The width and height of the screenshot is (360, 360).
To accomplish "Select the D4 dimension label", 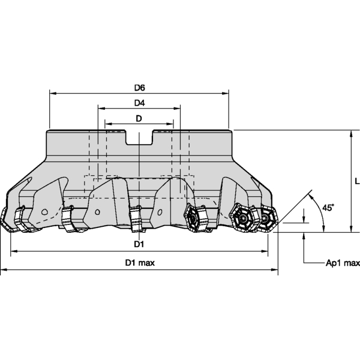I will pos(139,103).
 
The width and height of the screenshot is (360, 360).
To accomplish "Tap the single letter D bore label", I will pos(139,119).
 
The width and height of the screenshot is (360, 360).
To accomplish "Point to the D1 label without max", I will pos(139,244).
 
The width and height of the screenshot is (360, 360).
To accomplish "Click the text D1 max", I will pos(139,263).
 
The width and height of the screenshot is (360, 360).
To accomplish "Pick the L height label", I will pos(356,181).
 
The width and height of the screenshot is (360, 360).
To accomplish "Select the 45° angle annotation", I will pos(328,207).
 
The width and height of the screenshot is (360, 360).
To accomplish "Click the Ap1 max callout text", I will pos(343,263).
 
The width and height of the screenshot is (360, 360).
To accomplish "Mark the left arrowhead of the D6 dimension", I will pos(52,94).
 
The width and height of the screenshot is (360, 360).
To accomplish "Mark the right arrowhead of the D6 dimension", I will pos(226,94).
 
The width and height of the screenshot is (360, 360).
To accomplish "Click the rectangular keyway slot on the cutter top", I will pos(139,137).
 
